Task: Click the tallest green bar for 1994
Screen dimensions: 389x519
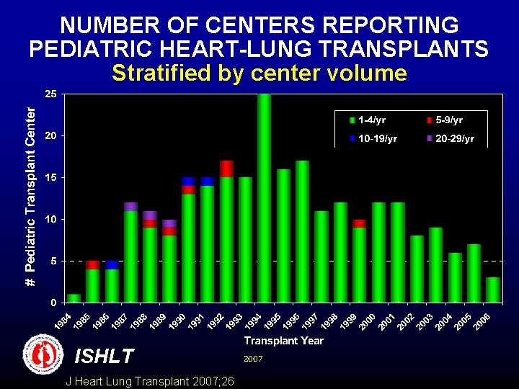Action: [264, 197]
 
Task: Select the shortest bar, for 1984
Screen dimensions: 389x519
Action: [74, 298]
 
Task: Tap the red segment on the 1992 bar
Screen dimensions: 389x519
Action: [226, 169]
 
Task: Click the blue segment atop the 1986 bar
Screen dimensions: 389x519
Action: [112, 265]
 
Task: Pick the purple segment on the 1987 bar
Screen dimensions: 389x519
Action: [130, 207]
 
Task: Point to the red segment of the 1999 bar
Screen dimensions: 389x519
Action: [359, 223]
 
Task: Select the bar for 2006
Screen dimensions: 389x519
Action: [493, 289]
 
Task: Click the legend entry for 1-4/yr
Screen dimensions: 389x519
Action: [369, 120]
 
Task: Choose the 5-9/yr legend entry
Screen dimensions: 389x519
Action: [445, 120]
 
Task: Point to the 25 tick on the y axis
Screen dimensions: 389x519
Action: [51, 94]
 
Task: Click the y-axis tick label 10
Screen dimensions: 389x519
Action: [51, 219]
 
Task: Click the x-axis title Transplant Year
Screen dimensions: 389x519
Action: [283, 341]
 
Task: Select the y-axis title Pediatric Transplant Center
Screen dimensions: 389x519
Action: [30, 196]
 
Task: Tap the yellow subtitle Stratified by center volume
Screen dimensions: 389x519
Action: [259, 73]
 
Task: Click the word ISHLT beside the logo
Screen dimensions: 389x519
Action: [104, 357]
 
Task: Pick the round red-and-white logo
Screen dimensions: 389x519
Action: [43, 354]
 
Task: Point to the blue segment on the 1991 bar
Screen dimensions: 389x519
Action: [207, 181]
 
